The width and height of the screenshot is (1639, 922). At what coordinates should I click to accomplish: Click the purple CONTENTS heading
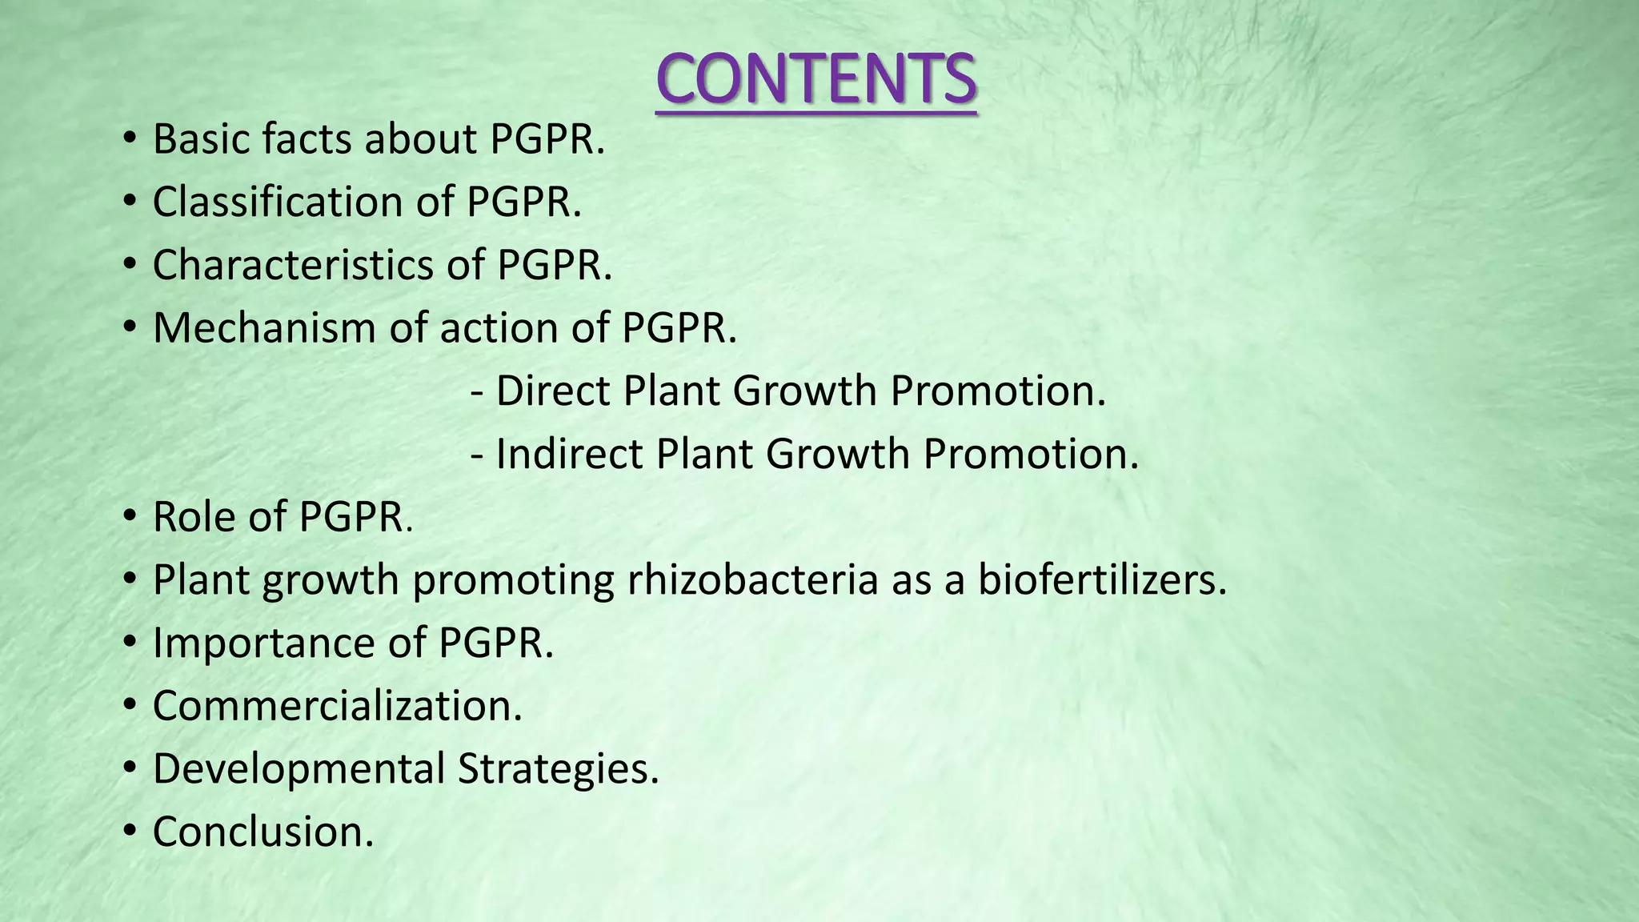(x=815, y=79)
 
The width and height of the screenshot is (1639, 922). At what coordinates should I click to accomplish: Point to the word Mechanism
(x=264, y=328)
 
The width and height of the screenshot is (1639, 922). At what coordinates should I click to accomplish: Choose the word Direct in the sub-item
(x=555, y=391)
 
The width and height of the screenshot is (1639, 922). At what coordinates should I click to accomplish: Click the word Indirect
(x=570, y=455)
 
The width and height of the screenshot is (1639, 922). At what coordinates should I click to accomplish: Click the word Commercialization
(x=337, y=706)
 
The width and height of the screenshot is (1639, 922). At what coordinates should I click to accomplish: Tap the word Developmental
(x=299, y=769)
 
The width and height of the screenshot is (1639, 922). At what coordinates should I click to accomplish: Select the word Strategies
(x=558, y=769)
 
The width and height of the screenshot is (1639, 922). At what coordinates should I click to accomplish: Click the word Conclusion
(x=262, y=832)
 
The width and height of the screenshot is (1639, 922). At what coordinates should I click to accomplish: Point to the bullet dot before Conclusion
(x=130, y=832)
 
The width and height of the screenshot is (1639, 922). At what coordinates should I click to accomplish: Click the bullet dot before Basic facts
(x=130, y=141)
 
